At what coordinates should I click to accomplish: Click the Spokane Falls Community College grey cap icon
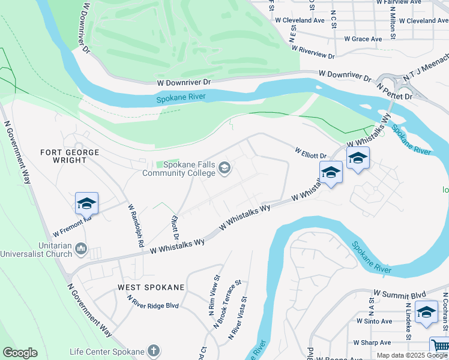point(225,167)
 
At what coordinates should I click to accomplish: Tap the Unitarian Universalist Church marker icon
point(82,248)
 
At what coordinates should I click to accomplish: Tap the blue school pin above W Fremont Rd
point(86,204)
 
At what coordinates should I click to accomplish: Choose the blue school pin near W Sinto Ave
point(426,313)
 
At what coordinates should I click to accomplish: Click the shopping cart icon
point(440,346)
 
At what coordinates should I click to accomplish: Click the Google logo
point(20,353)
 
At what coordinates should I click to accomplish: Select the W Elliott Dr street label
point(310,152)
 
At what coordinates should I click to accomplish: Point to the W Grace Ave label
point(363,39)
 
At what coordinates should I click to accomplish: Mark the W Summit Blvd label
point(400,295)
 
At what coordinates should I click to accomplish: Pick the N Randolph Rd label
point(135,226)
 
